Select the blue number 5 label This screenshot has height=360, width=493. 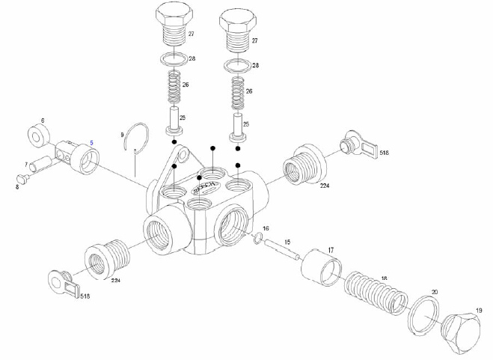coord(92,142)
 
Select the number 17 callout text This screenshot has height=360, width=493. coord(330,249)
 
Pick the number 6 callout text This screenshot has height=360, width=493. coord(43,120)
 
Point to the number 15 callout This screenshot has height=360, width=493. coord(287,242)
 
